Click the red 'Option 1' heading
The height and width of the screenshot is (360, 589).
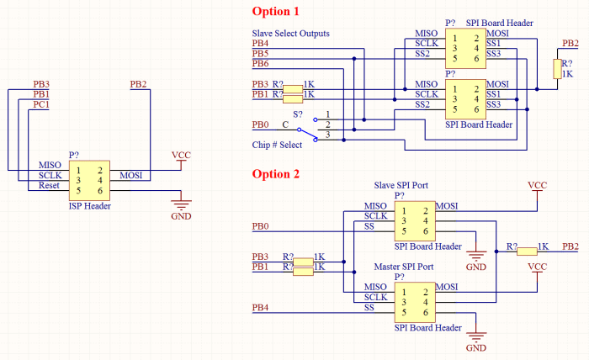pyautogui.click(x=275, y=11)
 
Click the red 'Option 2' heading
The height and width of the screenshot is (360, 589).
pyautogui.click(x=276, y=174)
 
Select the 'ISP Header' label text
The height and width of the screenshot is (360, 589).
pyautogui.click(x=90, y=206)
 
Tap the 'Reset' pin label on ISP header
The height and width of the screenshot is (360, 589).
pyautogui.click(x=49, y=185)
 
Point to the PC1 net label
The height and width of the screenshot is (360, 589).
pyautogui.click(x=41, y=104)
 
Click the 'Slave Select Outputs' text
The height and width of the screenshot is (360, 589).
pyautogui.click(x=291, y=34)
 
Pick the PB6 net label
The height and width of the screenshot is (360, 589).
pyautogui.click(x=260, y=63)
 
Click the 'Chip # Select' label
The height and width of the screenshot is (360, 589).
pyautogui.click(x=277, y=145)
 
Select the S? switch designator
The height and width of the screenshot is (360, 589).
pyautogui.click(x=298, y=114)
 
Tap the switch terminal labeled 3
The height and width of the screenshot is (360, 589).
pyautogui.click(x=327, y=135)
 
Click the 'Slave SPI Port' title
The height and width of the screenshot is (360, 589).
pyautogui.click(x=401, y=185)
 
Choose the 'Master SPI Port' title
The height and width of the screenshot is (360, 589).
pyautogui.click(x=404, y=267)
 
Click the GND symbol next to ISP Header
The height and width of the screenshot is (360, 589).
pyautogui.click(x=181, y=205)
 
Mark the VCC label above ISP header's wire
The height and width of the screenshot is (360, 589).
pyautogui.click(x=181, y=155)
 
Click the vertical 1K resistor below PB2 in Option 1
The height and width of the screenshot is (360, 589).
pyautogui.click(x=557, y=69)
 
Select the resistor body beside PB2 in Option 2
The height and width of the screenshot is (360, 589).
pyautogui.click(x=527, y=251)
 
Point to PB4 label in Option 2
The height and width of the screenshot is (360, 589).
pyautogui.click(x=260, y=308)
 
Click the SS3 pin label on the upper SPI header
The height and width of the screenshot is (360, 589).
pyautogui.click(x=494, y=54)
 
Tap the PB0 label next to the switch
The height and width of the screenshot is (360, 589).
pyautogui.click(x=260, y=124)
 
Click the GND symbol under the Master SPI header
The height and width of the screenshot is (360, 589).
pyautogui.click(x=476, y=336)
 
